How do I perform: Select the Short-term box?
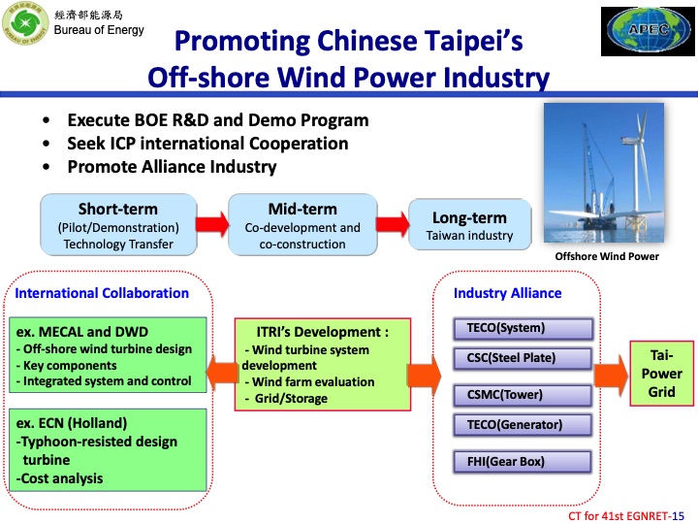pos(117,225)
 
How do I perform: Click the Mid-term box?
pos(301,225)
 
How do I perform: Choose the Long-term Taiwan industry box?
pos(470,225)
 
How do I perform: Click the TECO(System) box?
pos(522,328)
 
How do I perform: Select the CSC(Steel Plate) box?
pos(522,358)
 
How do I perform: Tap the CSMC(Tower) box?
pos(522,394)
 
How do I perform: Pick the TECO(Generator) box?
pos(522,424)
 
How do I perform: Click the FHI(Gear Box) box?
pos(522,461)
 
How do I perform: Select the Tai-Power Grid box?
pos(662,374)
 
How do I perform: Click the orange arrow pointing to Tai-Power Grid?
pos(609,374)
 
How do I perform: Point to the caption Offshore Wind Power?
pos(606,256)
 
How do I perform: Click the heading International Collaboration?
pos(102,292)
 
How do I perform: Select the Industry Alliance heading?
pos(507,293)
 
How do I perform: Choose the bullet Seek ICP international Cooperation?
pos(207,144)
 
